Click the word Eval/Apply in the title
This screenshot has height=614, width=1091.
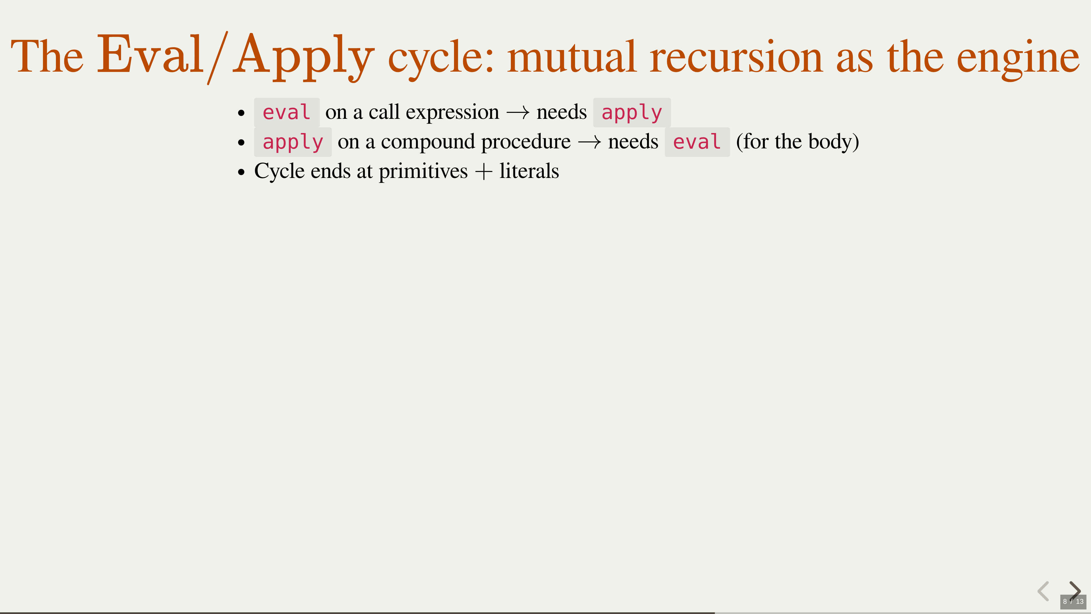[236, 57]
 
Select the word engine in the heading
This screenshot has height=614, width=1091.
[1018, 59]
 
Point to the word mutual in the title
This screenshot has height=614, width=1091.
[572, 57]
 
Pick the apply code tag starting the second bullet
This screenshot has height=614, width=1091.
[293, 142]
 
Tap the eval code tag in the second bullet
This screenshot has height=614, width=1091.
[697, 142]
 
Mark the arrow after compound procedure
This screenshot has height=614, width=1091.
[590, 142]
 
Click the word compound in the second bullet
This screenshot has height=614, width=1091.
[428, 142]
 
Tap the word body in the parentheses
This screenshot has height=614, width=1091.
[830, 142]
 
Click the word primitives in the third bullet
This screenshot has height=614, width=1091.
[423, 172]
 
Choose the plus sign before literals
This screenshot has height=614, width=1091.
[484, 172]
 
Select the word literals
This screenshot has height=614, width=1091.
[529, 171]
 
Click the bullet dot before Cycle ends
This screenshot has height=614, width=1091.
[241, 172]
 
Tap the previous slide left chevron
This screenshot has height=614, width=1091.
[1043, 591]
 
